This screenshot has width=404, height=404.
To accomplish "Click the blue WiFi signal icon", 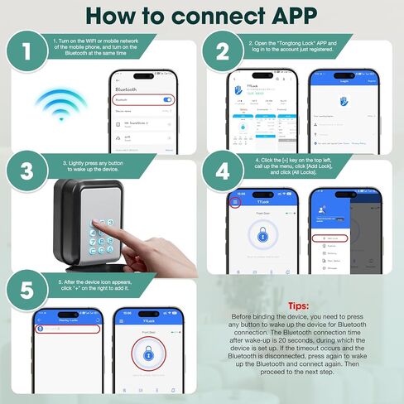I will [60, 106].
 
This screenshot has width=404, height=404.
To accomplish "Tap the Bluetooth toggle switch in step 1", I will [167, 99].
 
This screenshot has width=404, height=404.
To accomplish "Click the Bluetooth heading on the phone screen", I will [126, 87].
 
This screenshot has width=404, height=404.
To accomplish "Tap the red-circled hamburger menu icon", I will [235, 201].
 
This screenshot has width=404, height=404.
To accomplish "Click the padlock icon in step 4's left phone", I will [262, 236].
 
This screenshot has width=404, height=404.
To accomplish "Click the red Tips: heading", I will [297, 305].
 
